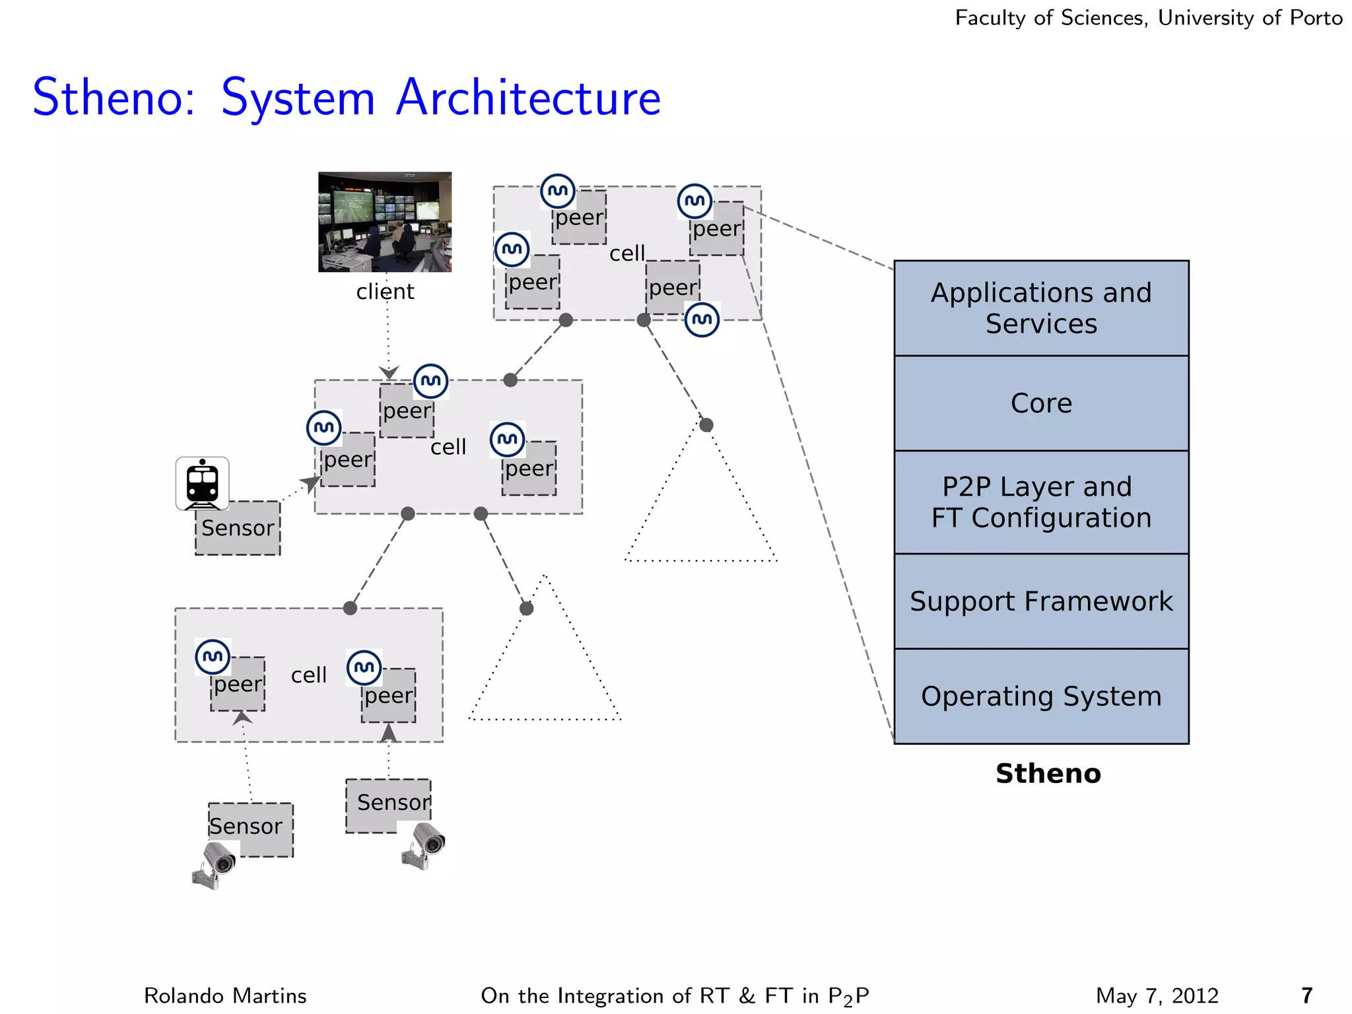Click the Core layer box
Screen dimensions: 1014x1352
pyautogui.click(x=1041, y=403)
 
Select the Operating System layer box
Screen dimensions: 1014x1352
pyautogui.click(x=1041, y=696)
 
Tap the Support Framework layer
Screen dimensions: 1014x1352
pyautogui.click(x=1041, y=601)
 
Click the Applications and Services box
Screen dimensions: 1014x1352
pyautogui.click(x=1041, y=308)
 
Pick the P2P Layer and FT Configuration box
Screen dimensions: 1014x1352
pyautogui.click(x=1041, y=502)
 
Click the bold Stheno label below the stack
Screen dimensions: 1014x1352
pyautogui.click(x=1048, y=774)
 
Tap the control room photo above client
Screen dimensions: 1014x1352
pyautogui.click(x=385, y=222)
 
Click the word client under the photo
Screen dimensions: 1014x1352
pyautogui.click(x=385, y=292)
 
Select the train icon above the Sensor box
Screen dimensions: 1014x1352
pyautogui.click(x=203, y=483)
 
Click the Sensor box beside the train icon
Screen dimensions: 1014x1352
pyautogui.click(x=238, y=529)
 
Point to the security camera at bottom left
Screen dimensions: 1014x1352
pyautogui.click(x=215, y=865)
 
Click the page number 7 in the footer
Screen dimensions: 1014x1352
pyautogui.click(x=1306, y=996)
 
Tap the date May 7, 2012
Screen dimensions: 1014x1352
pyautogui.click(x=1157, y=996)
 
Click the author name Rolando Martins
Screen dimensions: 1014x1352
pyautogui.click(x=225, y=996)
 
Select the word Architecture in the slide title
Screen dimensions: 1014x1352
pyautogui.click(x=528, y=98)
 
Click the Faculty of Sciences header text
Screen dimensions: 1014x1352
pyautogui.click(x=1148, y=18)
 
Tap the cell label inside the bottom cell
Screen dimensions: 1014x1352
pyautogui.click(x=309, y=675)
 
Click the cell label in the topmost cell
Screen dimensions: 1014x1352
pyautogui.click(x=627, y=253)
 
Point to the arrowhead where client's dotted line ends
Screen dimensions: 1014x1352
pyautogui.click(x=388, y=373)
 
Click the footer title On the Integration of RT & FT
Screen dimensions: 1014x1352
pyautogui.click(x=674, y=996)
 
